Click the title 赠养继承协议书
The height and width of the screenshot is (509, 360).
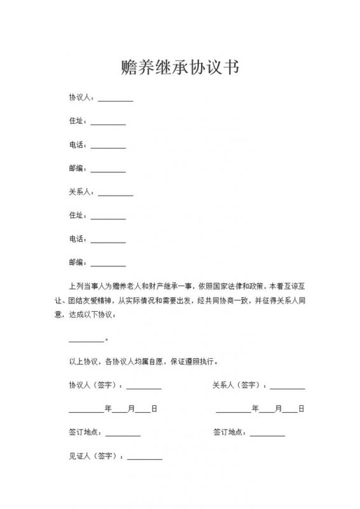coord(180,68)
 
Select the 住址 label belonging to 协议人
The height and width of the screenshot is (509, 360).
coord(78,122)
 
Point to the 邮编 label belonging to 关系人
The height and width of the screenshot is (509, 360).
coord(78,262)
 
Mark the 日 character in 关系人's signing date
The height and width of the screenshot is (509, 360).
coord(301,408)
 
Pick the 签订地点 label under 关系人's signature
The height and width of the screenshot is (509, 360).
coord(230,433)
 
